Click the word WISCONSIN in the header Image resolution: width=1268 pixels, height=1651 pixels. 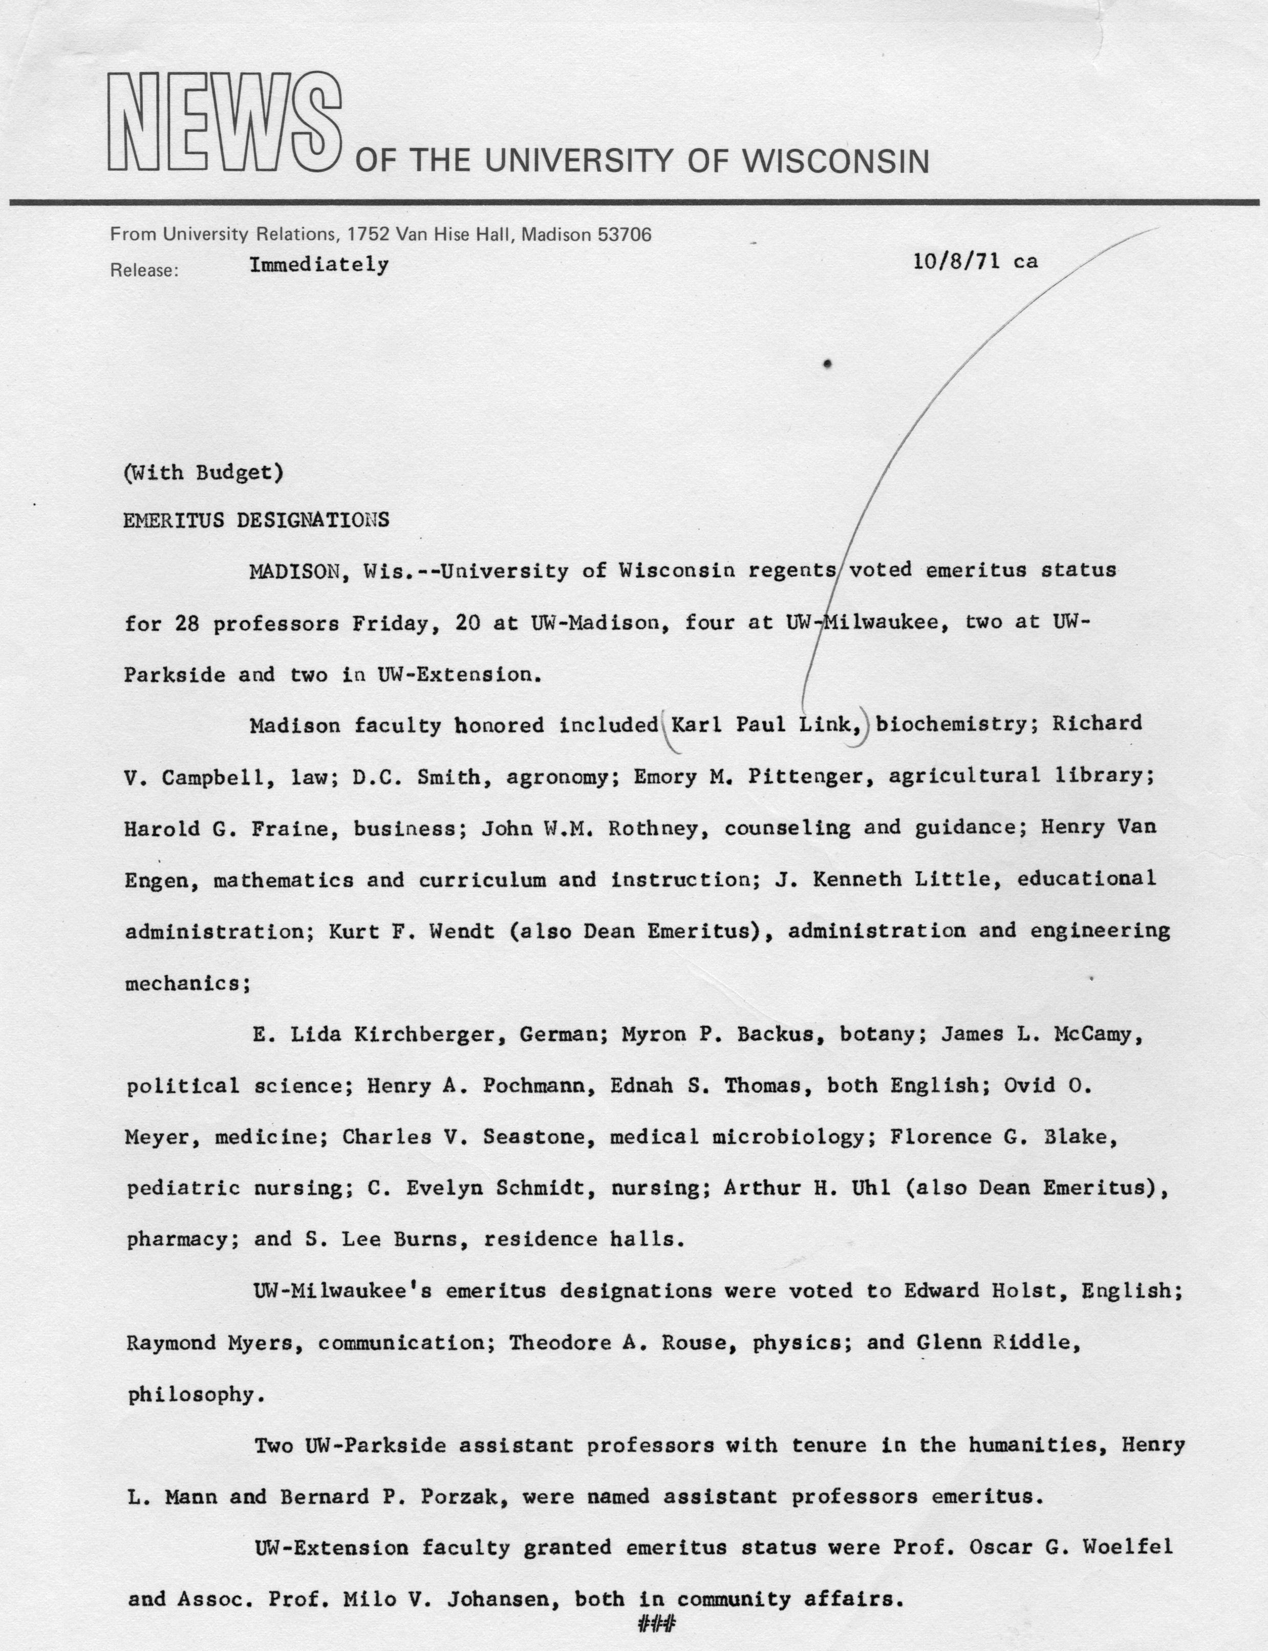[836, 161]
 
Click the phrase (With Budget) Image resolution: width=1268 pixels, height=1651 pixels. [203, 473]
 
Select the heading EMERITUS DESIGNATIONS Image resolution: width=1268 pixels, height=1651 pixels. [256, 520]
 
